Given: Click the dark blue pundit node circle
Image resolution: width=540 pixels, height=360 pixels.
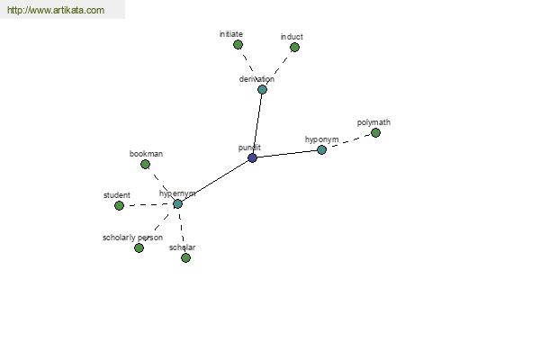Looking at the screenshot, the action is (x=252, y=158).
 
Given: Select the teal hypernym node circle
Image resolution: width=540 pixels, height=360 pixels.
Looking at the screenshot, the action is (x=177, y=204).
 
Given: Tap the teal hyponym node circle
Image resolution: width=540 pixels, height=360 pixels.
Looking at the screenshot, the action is (x=321, y=150).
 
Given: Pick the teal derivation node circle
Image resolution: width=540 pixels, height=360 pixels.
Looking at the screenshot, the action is (x=262, y=90).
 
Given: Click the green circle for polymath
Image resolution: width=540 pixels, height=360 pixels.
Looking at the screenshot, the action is (x=375, y=132).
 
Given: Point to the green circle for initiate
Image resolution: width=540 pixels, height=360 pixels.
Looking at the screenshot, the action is (x=238, y=44).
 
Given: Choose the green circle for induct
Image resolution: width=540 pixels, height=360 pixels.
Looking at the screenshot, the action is (x=294, y=47).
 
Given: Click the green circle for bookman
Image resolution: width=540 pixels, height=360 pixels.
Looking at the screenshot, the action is (x=145, y=165).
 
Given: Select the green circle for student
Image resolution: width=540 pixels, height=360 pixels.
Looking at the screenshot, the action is (x=119, y=206).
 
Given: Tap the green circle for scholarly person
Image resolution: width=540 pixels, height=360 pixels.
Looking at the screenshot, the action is (x=139, y=247).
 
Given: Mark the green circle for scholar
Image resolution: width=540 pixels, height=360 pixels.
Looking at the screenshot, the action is (x=185, y=257).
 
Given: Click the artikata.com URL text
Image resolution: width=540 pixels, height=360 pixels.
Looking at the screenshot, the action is (x=56, y=10).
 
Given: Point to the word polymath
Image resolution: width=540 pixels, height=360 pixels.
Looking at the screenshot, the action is (x=373, y=122).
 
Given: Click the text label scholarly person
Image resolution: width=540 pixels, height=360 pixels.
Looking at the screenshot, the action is (x=132, y=238).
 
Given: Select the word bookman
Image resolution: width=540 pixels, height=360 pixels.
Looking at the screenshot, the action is (x=146, y=154).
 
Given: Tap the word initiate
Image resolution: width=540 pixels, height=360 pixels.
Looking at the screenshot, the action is (x=230, y=34).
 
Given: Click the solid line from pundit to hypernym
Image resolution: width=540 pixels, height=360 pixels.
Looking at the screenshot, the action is (x=215, y=181).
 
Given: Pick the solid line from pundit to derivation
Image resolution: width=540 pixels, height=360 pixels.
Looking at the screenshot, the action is (x=257, y=124).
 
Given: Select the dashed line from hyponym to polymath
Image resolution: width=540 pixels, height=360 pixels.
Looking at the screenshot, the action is (x=348, y=141).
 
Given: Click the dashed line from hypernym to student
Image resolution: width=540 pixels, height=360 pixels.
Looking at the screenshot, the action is (x=148, y=205).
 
